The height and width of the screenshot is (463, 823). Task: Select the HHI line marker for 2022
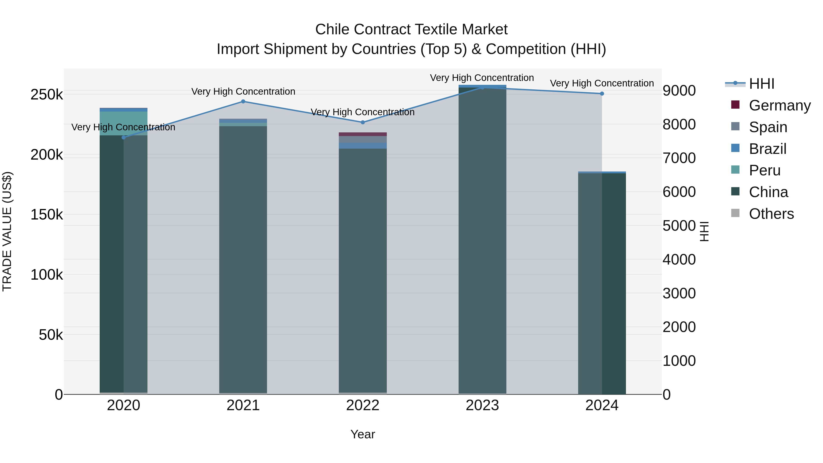(x=363, y=122)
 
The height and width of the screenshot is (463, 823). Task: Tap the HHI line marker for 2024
(x=602, y=94)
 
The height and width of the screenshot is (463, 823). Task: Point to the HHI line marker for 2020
(x=124, y=137)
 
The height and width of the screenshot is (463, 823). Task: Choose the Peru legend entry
(x=764, y=170)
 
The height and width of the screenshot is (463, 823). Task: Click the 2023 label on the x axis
(x=482, y=405)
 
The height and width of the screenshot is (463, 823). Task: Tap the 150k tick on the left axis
(x=47, y=215)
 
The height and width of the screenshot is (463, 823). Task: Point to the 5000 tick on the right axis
(x=679, y=226)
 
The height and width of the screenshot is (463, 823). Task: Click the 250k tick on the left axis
(x=47, y=95)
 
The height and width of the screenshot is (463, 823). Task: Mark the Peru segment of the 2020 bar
(x=124, y=123)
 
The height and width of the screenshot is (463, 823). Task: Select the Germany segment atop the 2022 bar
(x=363, y=134)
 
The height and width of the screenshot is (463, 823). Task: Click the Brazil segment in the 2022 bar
(x=363, y=146)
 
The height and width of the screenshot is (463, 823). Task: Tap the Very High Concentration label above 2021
(x=243, y=91)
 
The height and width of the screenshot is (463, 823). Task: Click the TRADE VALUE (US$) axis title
(x=7, y=231)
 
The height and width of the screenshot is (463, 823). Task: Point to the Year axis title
(x=363, y=434)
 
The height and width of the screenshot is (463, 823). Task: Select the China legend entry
(x=768, y=192)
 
